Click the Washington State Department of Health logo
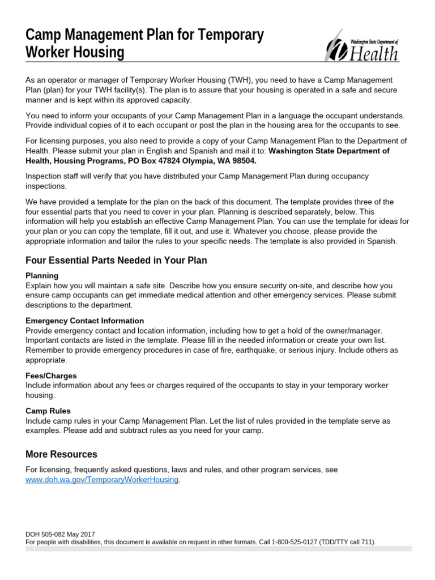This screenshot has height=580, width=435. tap(361, 45)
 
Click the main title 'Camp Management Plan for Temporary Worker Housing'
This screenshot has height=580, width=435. tap(144, 44)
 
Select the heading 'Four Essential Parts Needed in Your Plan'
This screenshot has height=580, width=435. tap(116, 261)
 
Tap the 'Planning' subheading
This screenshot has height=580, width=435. tap(42, 276)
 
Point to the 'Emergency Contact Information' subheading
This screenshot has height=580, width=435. tap(85, 321)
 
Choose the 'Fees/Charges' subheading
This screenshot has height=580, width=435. tap(51, 376)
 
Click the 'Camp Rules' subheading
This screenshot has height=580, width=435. tap(48, 411)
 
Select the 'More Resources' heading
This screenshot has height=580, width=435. tap(61, 454)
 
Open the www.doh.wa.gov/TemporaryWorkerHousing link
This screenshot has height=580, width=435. tap(103, 480)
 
